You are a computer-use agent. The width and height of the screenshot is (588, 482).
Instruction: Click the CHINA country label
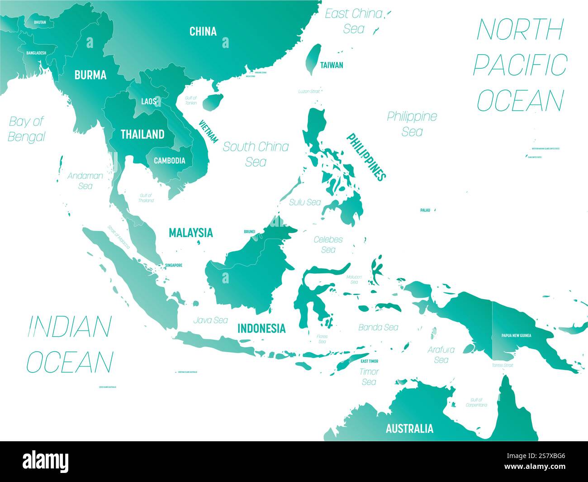pos(203,31)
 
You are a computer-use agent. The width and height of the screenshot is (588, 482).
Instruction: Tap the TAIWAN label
pos(332,65)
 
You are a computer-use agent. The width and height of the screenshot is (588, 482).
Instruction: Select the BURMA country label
pos(90,75)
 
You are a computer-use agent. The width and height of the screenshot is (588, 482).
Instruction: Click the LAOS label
pos(148,101)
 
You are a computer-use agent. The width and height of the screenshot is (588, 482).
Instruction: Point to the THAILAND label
pos(142,134)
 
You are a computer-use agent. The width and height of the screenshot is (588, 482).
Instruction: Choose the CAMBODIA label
pos(169,161)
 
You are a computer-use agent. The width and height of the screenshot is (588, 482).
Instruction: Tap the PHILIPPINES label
pos(366,157)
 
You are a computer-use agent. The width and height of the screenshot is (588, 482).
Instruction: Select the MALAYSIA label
pos(190,233)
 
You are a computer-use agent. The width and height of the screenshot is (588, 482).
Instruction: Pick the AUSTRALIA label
pos(409,429)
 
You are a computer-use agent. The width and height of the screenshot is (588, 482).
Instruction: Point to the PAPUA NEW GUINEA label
pos(516,336)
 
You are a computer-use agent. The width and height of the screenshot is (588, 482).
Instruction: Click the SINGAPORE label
pos(173,265)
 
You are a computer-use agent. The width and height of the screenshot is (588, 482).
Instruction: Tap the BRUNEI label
pos(250,231)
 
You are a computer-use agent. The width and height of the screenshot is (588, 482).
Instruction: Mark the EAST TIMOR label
pos(369,361)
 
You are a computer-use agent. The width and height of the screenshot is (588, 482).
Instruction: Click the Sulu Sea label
pos(305,202)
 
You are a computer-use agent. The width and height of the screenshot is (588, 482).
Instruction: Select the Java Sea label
pos(210,320)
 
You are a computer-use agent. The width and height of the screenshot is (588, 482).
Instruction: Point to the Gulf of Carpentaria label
pos(476,402)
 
